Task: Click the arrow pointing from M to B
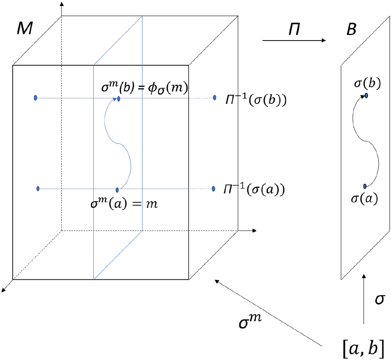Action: (x=294, y=41)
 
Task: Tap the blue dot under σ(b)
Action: (x=367, y=96)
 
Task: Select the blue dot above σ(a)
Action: (x=365, y=186)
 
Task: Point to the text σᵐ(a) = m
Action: (x=125, y=204)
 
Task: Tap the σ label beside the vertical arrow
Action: (x=379, y=299)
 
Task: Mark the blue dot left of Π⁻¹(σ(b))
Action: (x=215, y=98)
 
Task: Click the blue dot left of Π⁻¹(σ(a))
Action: (x=213, y=189)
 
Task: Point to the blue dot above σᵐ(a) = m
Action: (x=117, y=190)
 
